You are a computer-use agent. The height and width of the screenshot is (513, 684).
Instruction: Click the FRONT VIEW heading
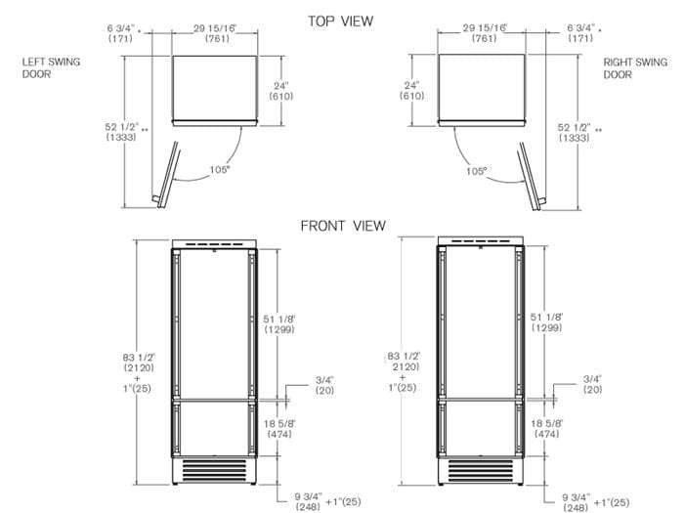(342, 226)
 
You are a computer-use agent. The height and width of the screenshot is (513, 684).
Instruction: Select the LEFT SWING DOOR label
(51, 67)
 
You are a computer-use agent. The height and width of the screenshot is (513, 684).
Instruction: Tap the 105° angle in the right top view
(476, 170)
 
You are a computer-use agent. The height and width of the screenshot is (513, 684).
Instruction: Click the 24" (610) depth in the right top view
(410, 91)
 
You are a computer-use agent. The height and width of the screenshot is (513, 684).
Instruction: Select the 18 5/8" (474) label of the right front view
(545, 427)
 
